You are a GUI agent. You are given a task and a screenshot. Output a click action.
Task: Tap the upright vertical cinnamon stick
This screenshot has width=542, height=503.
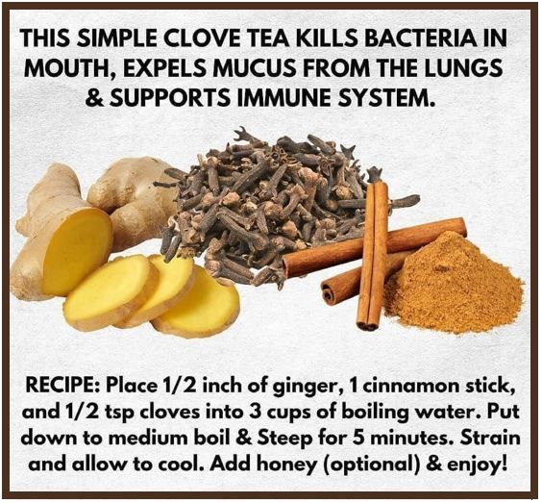tap(373, 255)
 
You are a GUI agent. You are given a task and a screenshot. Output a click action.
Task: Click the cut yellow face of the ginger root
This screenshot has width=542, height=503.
tap(77, 250)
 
